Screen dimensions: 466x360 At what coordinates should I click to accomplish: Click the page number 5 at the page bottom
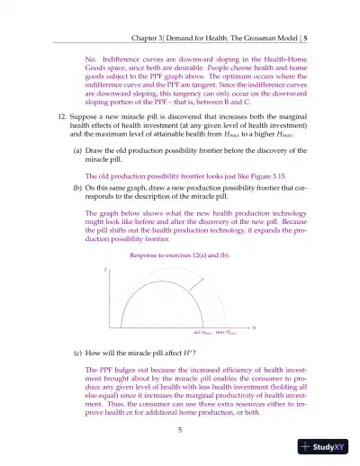pos(180,430)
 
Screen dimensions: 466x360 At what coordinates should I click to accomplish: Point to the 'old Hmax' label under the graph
pos(202,332)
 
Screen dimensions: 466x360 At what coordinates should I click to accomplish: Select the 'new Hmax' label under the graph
pos(227,332)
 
